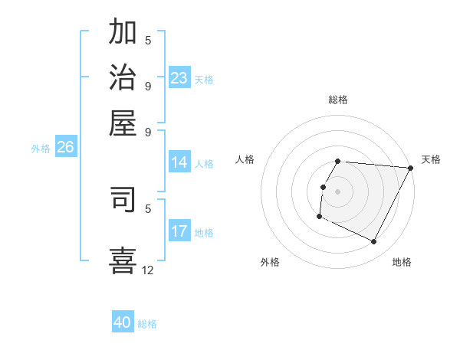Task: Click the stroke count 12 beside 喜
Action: (148, 270)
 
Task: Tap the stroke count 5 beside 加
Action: (148, 41)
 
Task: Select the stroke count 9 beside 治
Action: (148, 85)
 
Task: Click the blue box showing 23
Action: (179, 78)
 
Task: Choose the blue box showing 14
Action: (179, 162)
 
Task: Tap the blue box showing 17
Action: (179, 231)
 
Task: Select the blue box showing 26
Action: (65, 148)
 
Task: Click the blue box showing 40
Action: (123, 322)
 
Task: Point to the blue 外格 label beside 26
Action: (40, 149)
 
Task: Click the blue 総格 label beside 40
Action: (147, 324)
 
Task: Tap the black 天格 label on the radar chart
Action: (431, 159)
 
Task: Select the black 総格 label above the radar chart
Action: (338, 100)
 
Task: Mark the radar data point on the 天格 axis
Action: (410, 168)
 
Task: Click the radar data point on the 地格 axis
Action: (374, 242)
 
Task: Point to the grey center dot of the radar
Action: (338, 191)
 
